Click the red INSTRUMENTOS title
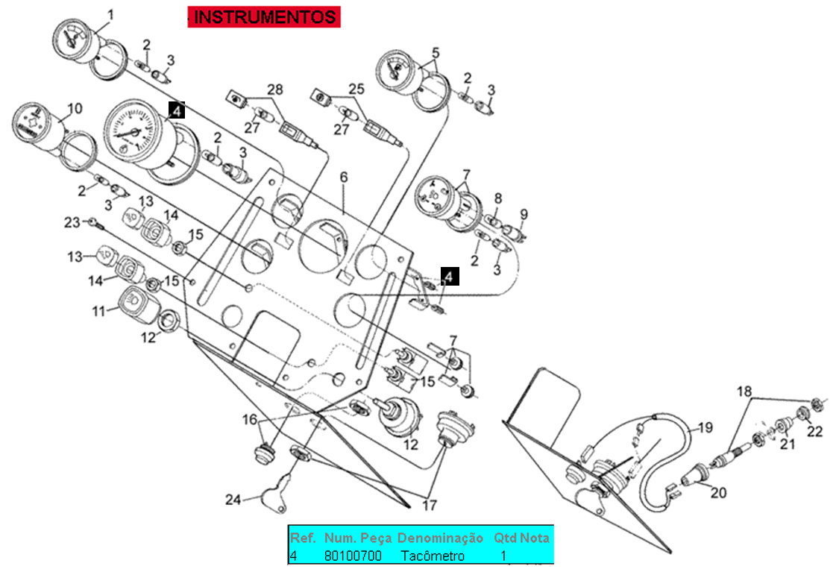[x=264, y=16]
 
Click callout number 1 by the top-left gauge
[x=111, y=15]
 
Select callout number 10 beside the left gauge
[x=75, y=109]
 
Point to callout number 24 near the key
[x=233, y=500]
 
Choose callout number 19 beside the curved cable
[x=704, y=428]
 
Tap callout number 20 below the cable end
[x=717, y=492]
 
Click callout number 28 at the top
[x=275, y=89]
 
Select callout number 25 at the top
[x=356, y=89]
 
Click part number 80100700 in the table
[x=353, y=556]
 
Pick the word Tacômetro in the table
[x=433, y=556]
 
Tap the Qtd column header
[x=505, y=538]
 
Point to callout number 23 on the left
[x=72, y=221]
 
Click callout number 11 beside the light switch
[x=99, y=310]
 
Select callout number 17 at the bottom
[x=430, y=505]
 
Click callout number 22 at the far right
[x=815, y=430]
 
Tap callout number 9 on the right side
[x=524, y=215]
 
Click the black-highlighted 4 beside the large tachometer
[x=177, y=111]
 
